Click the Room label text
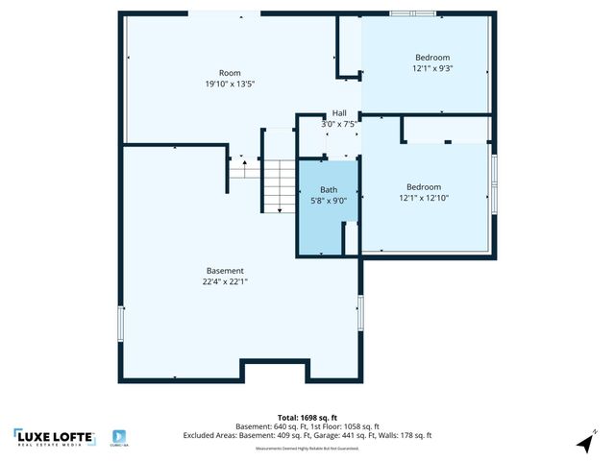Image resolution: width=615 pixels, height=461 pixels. coord(230,73)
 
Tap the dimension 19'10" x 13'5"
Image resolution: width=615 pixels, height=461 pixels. coord(230,85)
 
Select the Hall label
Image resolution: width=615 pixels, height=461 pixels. coord(339,112)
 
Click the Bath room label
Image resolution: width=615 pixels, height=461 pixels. coord(329,190)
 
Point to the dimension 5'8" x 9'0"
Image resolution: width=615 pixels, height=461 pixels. coord(329,201)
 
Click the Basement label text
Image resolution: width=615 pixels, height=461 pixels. coord(225,271)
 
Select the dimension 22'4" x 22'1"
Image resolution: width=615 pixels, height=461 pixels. coord(225,282)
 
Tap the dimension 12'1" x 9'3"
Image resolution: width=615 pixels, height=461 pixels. coord(432,68)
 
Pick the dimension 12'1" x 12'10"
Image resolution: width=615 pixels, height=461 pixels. coord(424,198)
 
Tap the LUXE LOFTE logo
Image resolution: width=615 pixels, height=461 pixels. coord(55,437)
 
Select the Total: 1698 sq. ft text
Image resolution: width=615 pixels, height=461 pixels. coord(307,418)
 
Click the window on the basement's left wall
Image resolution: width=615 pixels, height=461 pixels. coord(120,324)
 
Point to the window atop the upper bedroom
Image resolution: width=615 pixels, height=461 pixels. coord(412,13)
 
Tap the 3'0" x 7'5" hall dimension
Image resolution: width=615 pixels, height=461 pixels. coord(339,123)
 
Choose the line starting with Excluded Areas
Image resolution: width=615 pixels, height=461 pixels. coord(307,436)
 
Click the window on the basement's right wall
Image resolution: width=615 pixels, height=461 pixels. coord(361,316)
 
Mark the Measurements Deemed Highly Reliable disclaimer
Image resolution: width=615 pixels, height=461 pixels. coord(307,447)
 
